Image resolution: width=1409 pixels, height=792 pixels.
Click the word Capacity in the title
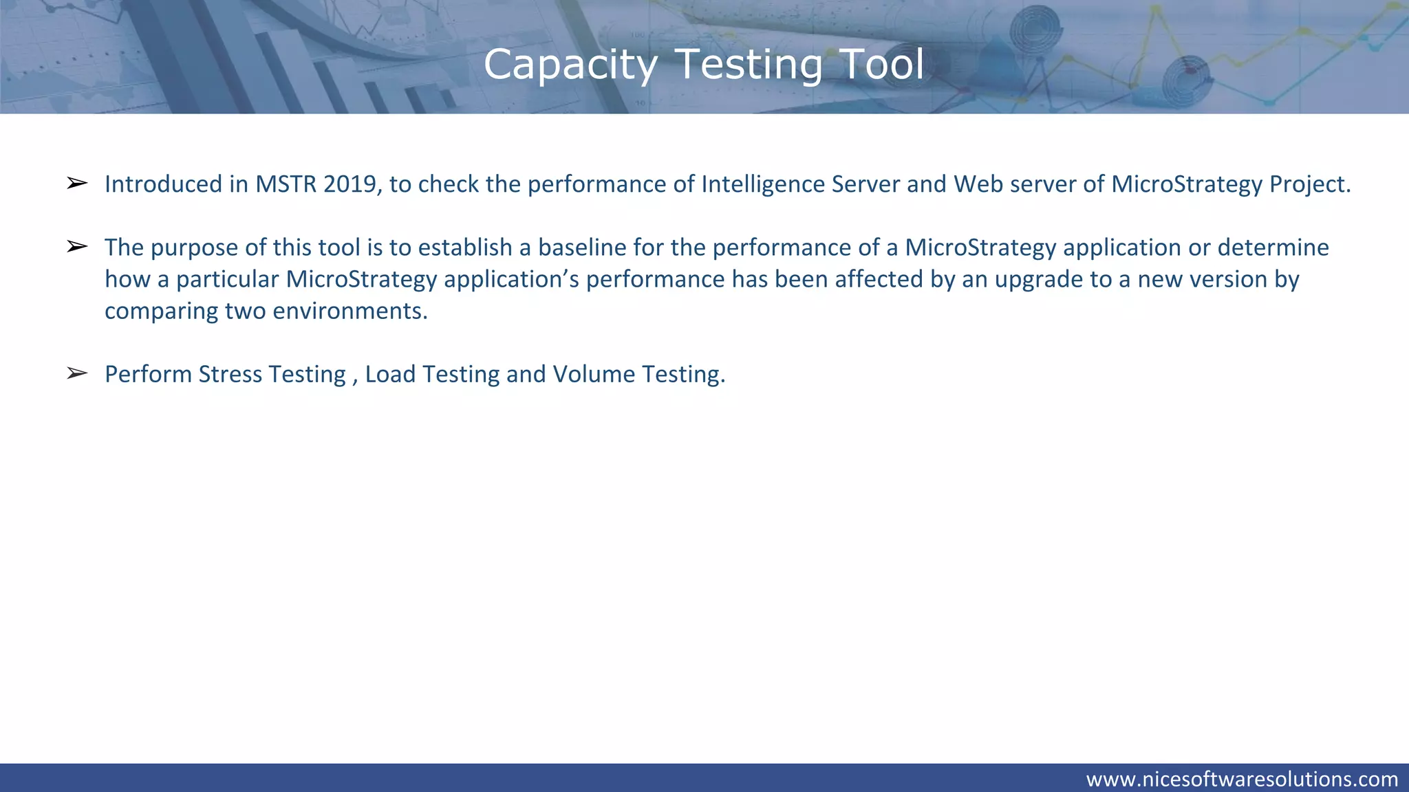tap(570, 65)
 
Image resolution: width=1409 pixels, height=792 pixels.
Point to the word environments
tap(350, 311)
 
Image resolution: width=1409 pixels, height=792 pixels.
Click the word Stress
tap(230, 374)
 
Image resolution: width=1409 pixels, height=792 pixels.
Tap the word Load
tap(390, 374)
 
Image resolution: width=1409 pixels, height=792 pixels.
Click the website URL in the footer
tap(1242, 779)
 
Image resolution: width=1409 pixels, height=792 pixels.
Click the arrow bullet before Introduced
tap(77, 183)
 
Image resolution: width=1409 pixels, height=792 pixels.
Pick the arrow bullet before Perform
tap(77, 373)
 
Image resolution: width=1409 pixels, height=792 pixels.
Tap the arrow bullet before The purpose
tap(77, 246)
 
